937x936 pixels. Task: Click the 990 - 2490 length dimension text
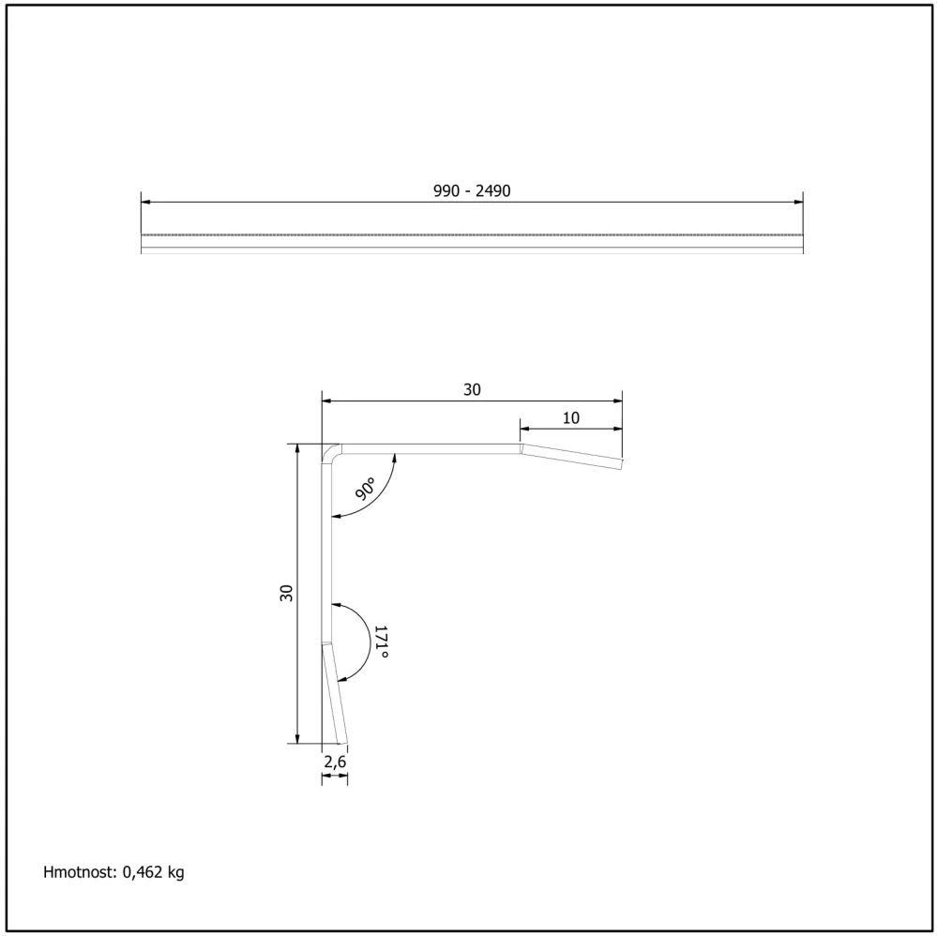(472, 190)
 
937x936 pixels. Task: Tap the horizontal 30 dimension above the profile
(472, 390)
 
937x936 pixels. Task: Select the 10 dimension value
(570, 417)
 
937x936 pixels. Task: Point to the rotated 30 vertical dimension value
(286, 593)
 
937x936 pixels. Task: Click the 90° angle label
(365, 489)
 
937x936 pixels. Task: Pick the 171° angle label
(381, 642)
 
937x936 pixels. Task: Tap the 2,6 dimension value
(335, 762)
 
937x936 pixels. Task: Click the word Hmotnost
(80, 872)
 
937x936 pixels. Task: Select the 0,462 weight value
(143, 872)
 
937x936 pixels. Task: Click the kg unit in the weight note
(175, 873)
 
